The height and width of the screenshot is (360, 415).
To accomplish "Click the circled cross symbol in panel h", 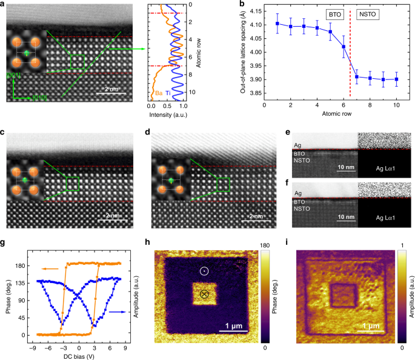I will point(204,294).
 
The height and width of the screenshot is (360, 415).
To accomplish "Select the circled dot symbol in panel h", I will point(204,270).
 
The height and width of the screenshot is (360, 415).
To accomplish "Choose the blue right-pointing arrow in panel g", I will point(118,311).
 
